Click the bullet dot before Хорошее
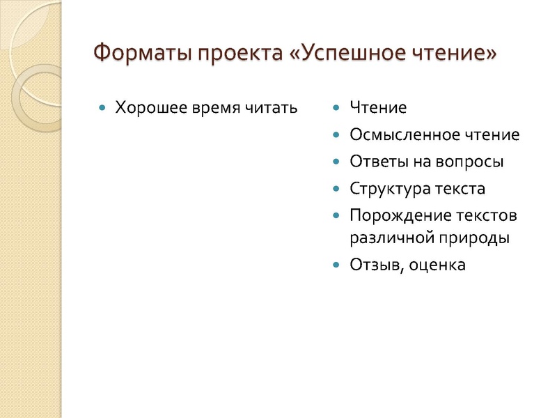(x=103, y=109)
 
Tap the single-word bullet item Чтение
(x=377, y=108)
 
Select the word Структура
(x=391, y=189)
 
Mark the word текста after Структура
(x=460, y=189)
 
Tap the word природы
(x=476, y=238)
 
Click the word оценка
(x=437, y=265)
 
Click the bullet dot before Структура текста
(x=337, y=189)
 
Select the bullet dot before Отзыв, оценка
(x=337, y=265)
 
